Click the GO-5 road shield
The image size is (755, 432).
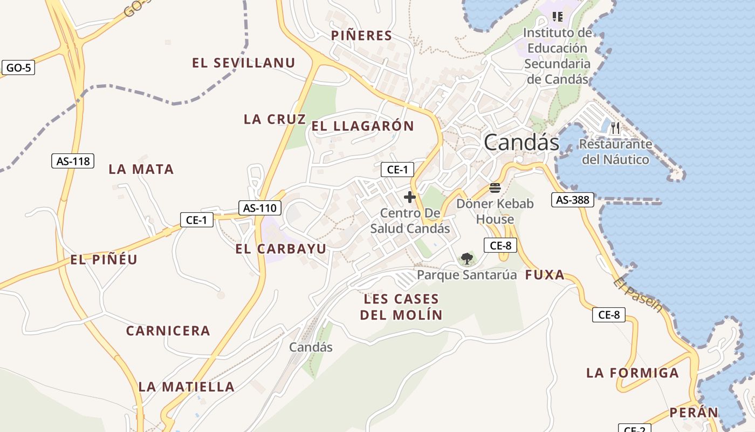click(18, 68)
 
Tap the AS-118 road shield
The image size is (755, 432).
click(73, 161)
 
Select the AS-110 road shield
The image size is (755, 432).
click(260, 208)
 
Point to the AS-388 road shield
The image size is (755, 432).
click(572, 200)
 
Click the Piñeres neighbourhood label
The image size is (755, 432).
click(361, 36)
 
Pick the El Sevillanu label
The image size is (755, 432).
click(244, 63)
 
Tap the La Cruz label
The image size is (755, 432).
click(274, 119)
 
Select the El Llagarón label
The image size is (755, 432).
click(362, 126)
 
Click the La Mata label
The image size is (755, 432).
click(141, 170)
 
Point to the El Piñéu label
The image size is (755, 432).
click(104, 260)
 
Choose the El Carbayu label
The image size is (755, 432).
click(281, 249)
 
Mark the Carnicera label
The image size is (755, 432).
click(168, 331)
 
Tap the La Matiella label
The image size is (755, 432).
click(187, 387)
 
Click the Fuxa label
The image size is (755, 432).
click(545, 275)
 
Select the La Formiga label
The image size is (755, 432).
click(633, 373)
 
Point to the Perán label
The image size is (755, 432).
click(694, 413)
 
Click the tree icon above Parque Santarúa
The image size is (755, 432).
click(467, 259)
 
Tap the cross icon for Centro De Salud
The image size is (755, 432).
click(410, 197)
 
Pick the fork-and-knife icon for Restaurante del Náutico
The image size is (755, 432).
click(615, 129)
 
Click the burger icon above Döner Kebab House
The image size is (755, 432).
click(495, 188)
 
